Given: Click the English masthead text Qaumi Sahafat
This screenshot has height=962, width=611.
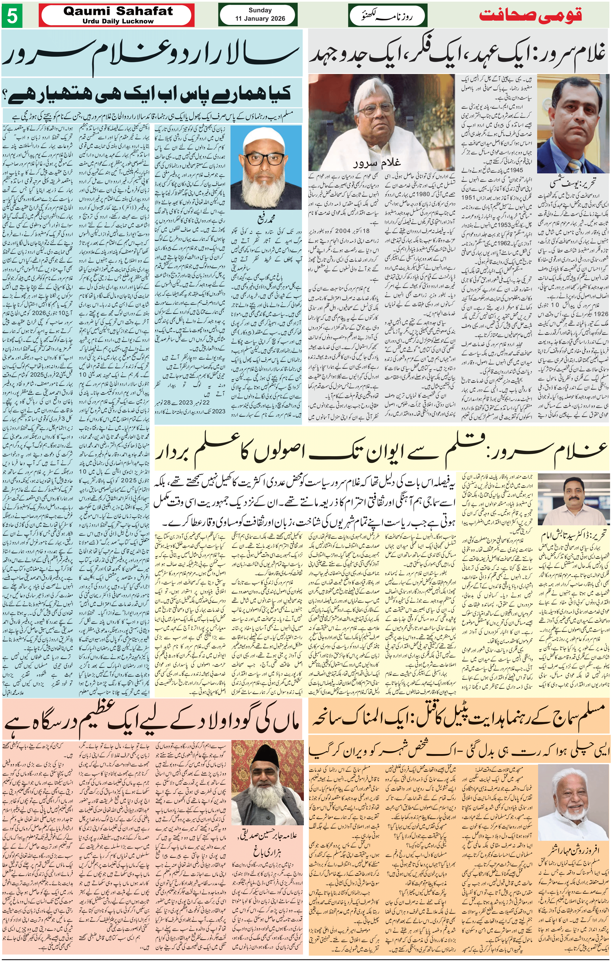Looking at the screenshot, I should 118,11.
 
